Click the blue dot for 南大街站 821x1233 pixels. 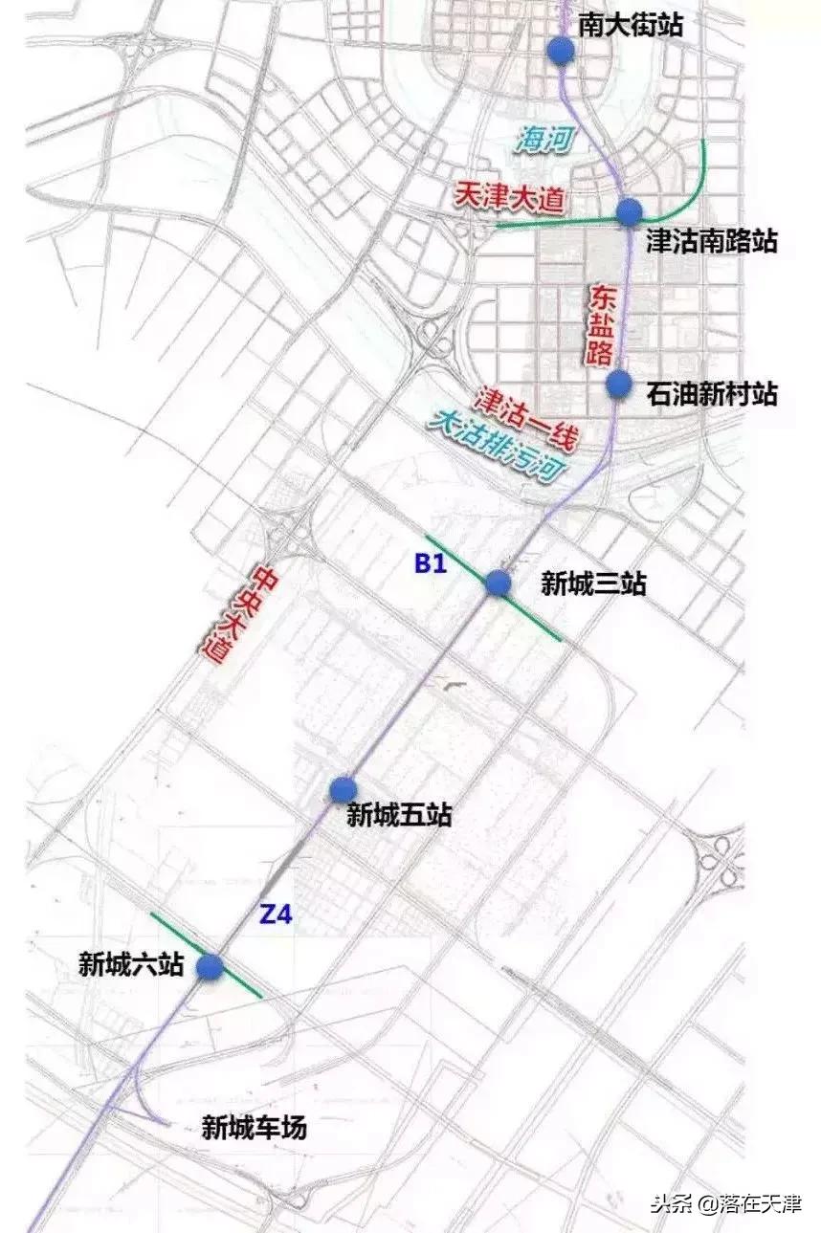pos(561,51)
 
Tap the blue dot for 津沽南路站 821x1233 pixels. pos(629,211)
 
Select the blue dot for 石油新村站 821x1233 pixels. pos(620,384)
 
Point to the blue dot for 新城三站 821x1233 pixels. pos(498,583)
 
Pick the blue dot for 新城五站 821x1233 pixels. pos(344,789)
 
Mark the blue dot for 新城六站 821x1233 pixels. pos(211,967)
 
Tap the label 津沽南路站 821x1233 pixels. pos(711,241)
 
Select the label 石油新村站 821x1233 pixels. pos(711,394)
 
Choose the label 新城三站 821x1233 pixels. pos(593,583)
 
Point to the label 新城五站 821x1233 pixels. pos(399,816)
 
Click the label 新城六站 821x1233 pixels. pos(131,966)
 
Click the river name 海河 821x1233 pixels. pos(545,140)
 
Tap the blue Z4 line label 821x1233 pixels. pos(276,914)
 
